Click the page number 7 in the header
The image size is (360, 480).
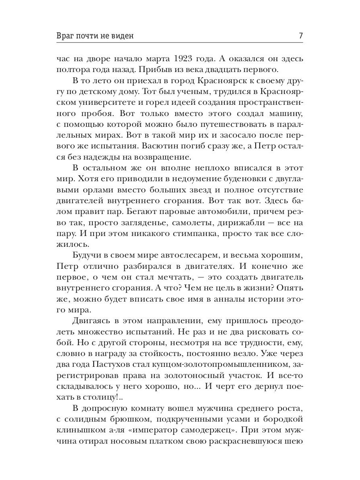(x=300, y=36)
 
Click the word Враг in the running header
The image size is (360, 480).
(x=67, y=36)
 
